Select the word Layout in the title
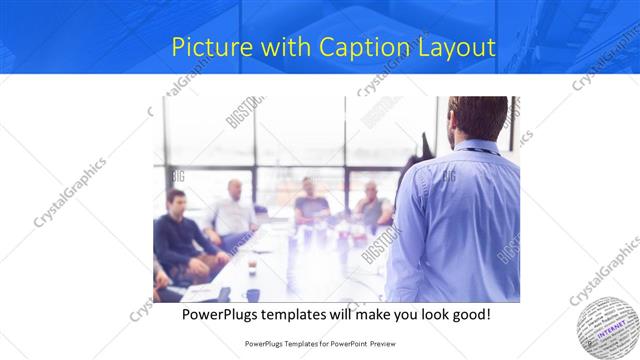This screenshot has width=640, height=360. (x=449, y=47)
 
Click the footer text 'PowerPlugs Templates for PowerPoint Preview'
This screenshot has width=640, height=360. (x=320, y=343)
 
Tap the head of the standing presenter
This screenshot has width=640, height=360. (x=478, y=118)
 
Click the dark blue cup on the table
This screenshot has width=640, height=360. (x=253, y=294)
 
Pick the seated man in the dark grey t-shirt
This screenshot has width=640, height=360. (x=311, y=205)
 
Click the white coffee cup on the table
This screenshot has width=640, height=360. (x=251, y=266)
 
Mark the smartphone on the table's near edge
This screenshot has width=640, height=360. (x=223, y=293)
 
